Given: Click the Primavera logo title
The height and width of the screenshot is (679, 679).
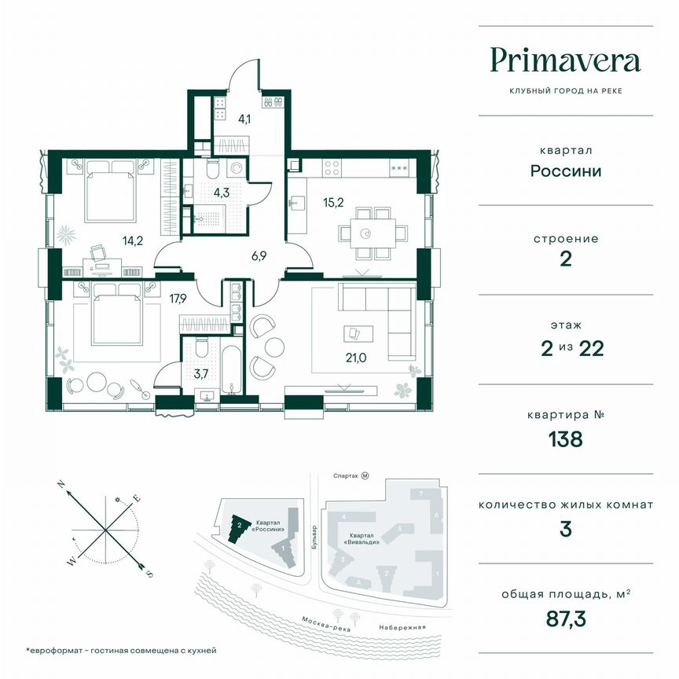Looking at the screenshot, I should (x=565, y=61).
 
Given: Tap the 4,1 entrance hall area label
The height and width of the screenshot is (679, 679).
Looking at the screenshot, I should (x=245, y=119).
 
